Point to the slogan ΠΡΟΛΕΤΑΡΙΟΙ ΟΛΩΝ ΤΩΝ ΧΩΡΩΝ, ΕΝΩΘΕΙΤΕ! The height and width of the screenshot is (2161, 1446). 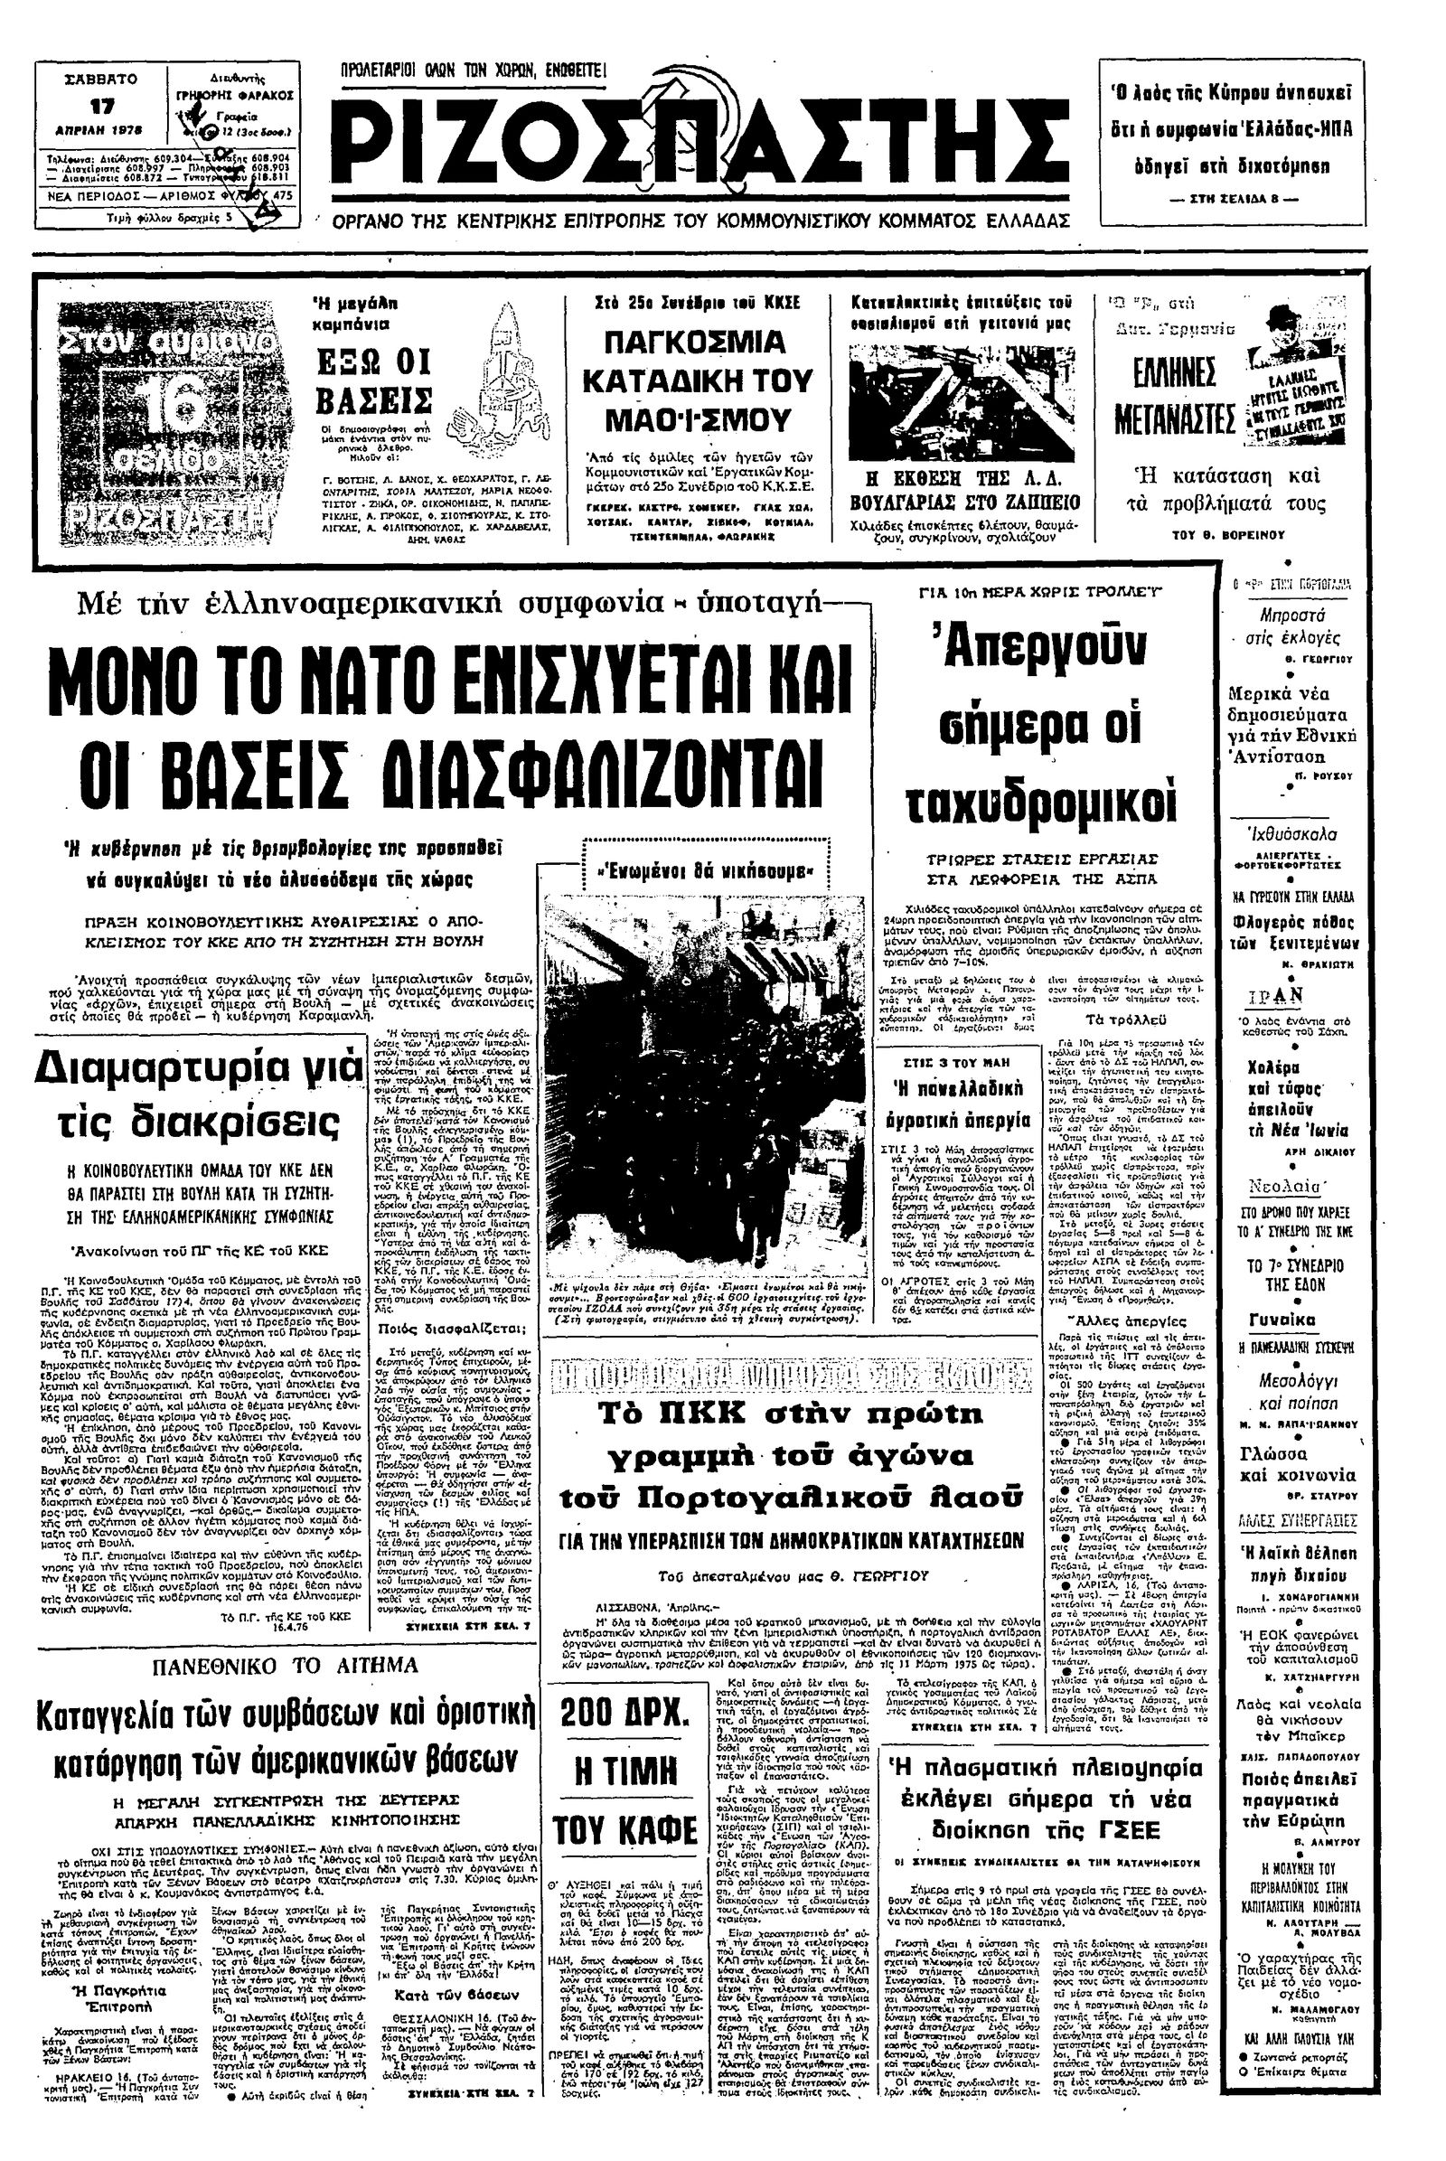tap(473, 70)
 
